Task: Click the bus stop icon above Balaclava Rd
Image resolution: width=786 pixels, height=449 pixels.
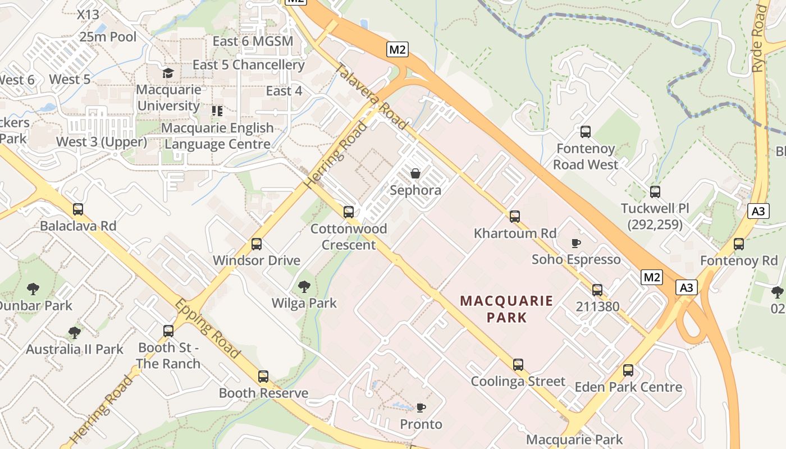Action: point(78,209)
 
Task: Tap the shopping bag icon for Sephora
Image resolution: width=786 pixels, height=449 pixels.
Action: point(415,173)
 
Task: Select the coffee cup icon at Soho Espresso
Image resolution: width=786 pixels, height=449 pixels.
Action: point(575,243)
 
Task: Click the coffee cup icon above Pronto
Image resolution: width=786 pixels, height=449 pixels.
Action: point(421,407)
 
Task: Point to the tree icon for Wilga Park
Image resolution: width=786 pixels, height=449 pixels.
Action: point(304,287)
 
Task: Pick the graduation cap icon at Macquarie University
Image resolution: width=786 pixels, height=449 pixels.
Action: point(167,74)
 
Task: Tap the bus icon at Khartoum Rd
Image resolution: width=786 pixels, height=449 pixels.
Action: point(515,216)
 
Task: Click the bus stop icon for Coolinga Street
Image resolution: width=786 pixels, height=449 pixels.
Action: point(518,365)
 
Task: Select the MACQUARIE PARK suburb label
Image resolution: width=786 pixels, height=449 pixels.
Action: point(506,309)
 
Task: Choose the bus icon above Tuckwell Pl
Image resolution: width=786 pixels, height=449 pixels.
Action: point(655,192)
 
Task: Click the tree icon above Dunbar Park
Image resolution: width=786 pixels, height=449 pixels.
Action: point(33,289)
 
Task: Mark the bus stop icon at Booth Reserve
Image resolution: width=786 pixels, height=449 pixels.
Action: point(263,377)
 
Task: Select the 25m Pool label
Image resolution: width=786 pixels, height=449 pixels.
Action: point(108,37)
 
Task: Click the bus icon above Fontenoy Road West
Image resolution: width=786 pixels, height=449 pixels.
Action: point(586,132)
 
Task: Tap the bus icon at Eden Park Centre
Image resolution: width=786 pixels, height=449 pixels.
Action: point(628,370)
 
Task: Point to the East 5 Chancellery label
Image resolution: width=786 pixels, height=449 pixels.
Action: point(248,65)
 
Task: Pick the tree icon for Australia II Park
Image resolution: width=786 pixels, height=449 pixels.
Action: point(74,333)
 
